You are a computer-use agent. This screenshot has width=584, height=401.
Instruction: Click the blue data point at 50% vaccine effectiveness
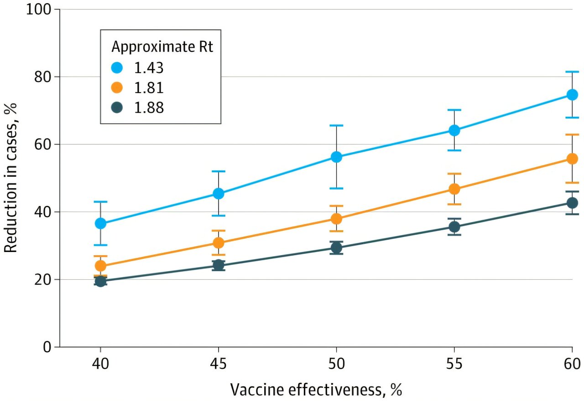point(336,157)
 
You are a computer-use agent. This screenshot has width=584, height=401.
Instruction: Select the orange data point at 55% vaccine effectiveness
point(454,189)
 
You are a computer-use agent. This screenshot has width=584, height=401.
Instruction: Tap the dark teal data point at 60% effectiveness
point(572,203)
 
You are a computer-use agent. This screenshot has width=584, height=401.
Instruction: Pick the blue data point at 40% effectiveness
point(100,223)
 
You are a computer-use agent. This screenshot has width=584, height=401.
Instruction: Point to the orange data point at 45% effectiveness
point(219,242)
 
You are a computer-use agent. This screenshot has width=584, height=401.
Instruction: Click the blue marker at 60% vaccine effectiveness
point(572,95)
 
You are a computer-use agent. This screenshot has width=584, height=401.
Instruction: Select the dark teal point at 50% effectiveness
point(336,248)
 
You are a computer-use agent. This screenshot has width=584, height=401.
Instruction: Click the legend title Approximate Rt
point(162,47)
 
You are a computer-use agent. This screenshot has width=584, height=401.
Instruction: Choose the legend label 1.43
point(148,67)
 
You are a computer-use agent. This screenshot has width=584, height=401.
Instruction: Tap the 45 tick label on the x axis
point(219,365)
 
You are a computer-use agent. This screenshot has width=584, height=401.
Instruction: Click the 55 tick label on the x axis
point(454,365)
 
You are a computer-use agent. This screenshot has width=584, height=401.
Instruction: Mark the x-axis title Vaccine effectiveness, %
point(316,390)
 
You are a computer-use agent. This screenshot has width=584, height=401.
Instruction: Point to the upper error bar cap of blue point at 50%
point(336,125)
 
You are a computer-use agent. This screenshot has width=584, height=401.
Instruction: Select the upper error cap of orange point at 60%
point(572,135)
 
